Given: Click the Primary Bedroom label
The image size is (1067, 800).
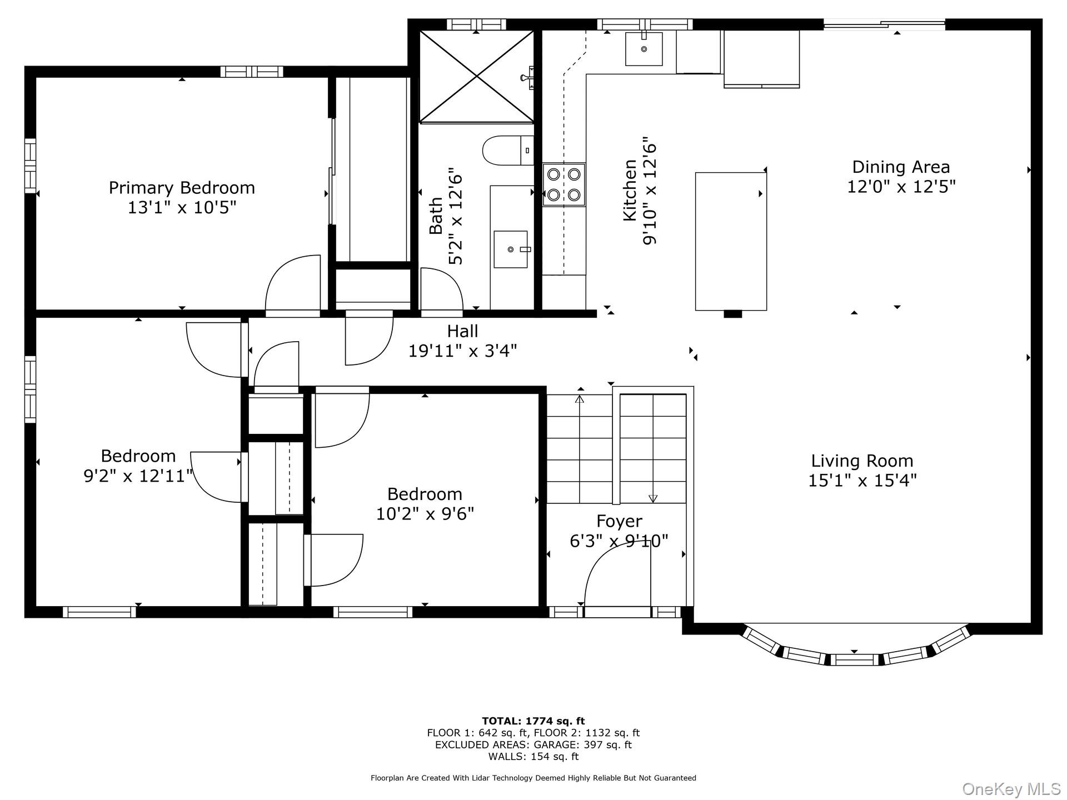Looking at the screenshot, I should point(182,188).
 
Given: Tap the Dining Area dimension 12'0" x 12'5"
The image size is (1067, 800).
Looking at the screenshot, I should point(901,187).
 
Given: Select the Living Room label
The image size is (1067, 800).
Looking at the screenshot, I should point(862,461).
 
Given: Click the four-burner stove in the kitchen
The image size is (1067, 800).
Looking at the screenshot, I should point(564,184).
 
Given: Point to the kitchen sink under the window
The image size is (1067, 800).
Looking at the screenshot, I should point(644,49).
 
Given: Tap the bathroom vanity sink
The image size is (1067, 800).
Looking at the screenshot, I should point(511,249).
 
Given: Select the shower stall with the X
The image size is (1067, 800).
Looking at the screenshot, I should point(476,76).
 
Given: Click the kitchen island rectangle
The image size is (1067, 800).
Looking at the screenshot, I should point(731,241).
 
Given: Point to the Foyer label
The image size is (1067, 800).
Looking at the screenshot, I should point(619,521).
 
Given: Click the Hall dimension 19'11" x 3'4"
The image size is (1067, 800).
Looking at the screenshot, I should point(462,351).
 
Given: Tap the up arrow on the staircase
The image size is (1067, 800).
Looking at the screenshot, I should point(580,399).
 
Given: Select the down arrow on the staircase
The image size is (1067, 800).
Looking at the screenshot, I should point(653,498).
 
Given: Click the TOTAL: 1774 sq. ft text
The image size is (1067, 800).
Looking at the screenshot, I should point(533,722).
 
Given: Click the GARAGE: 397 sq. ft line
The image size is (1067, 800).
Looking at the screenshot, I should point(533,745).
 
